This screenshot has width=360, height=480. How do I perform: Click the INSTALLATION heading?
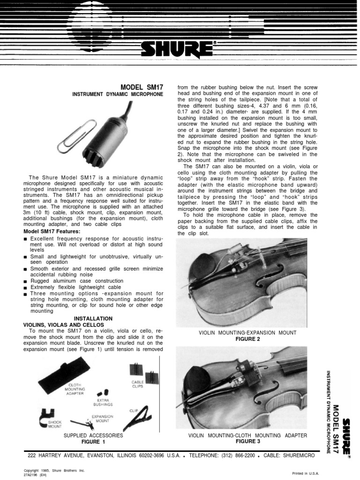[x=93, y=318]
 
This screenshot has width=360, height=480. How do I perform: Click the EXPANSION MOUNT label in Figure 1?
[x=103, y=419]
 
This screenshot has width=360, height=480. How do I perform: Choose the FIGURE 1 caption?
[x=93, y=442]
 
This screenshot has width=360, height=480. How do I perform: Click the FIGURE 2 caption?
[x=247, y=339]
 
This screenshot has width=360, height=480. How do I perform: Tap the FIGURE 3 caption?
[x=247, y=442]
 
